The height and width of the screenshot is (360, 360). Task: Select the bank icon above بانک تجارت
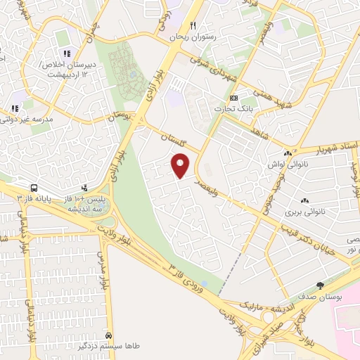[235, 98]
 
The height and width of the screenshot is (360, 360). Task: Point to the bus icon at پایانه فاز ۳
[34, 188]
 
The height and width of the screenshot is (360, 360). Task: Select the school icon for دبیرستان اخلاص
[67, 54]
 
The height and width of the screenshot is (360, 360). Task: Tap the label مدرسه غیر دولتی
[32, 120]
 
